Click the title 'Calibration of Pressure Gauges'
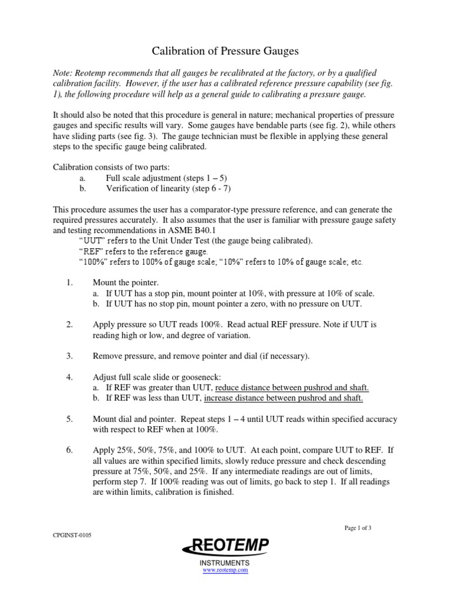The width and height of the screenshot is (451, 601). point(225,52)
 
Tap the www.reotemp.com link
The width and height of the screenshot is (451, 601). point(225,570)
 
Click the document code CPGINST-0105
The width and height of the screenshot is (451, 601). point(72,535)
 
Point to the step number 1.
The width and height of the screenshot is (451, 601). point(69,282)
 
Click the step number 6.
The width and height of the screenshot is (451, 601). point(69,450)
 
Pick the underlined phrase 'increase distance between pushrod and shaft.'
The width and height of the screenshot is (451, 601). point(283,399)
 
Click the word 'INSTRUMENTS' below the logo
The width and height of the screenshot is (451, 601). point(225,562)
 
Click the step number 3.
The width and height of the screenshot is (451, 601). point(69,356)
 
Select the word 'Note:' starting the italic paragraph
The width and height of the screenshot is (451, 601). point(63,73)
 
